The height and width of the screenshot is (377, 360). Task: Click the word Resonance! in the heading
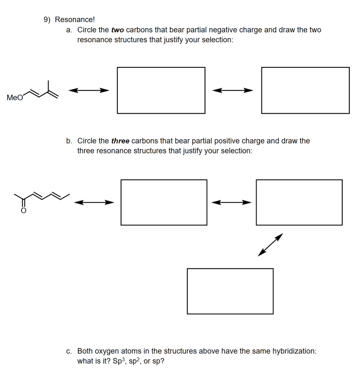click(x=75, y=20)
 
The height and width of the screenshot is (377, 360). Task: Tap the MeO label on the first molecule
click(x=15, y=98)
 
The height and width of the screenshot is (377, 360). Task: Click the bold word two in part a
click(x=117, y=30)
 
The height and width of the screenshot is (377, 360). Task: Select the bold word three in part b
click(x=120, y=141)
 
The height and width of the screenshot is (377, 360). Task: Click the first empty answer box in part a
click(x=161, y=90)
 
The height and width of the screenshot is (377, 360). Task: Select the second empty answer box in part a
click(x=305, y=90)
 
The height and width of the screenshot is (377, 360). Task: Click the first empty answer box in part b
click(x=164, y=202)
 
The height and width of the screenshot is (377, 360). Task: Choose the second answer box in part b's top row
click(x=299, y=202)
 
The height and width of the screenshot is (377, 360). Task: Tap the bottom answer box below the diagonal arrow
click(x=230, y=291)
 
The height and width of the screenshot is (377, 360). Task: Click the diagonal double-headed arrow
click(x=270, y=245)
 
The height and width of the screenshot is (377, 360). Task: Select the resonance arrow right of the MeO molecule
click(x=89, y=90)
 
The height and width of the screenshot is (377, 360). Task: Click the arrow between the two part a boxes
click(x=233, y=90)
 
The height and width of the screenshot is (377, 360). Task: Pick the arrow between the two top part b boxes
click(x=231, y=202)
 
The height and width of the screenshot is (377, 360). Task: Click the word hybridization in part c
click(x=294, y=351)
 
